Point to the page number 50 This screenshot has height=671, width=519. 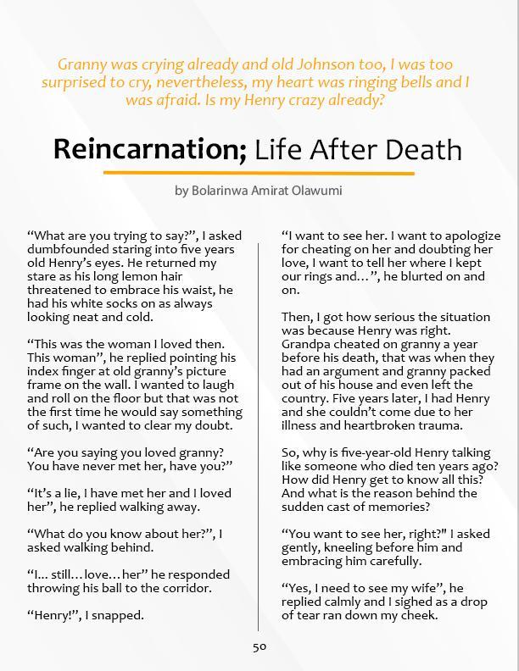pyautogui.click(x=259, y=646)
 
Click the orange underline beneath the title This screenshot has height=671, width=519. pyautogui.click(x=259, y=173)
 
